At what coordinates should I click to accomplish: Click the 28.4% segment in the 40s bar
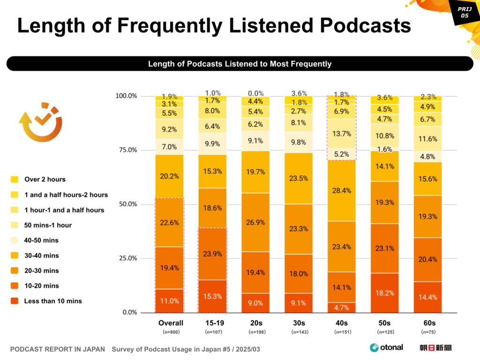coord(342,190)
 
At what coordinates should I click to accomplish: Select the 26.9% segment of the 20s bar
coord(255,222)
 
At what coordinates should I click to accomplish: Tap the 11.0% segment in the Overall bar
coord(169,300)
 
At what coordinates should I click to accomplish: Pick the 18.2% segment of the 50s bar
coord(385,293)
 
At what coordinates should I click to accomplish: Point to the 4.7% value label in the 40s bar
coord(342,307)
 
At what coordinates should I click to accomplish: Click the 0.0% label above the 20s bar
coord(255,93)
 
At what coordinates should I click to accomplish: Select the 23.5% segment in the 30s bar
coord(299,178)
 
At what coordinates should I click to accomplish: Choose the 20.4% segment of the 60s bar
coord(427,260)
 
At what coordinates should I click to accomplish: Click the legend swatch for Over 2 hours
coord(15,179)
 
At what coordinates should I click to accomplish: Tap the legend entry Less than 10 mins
coord(52,301)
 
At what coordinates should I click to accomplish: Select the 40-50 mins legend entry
coord(41,240)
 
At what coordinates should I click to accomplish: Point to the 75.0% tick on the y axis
coord(126,150)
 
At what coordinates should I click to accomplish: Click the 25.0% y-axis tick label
coord(126,258)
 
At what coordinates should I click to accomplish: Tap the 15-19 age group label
coord(212,323)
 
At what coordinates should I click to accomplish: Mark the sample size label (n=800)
coord(169,332)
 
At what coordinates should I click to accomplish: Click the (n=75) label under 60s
coord(427,332)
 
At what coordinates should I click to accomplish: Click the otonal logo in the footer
coord(386,347)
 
